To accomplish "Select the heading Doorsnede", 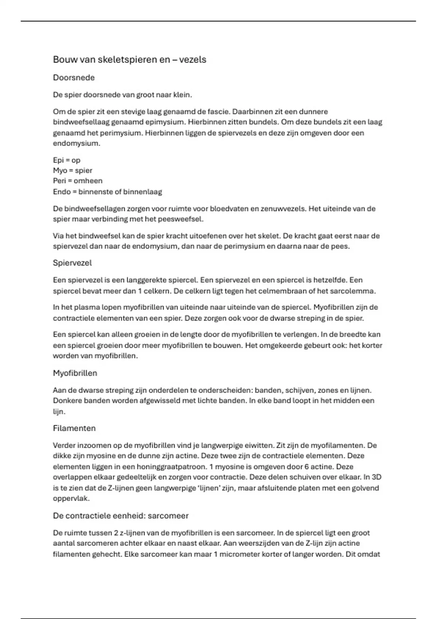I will click(74, 78).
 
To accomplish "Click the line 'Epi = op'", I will click(67, 160).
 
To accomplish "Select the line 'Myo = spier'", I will click(72, 170).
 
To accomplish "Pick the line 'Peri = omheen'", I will click(78, 181).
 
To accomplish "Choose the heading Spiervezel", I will click(72, 263).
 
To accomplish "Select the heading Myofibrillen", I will click(75, 373).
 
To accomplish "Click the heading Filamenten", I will click(74, 428).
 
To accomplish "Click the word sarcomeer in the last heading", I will click(168, 516).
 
